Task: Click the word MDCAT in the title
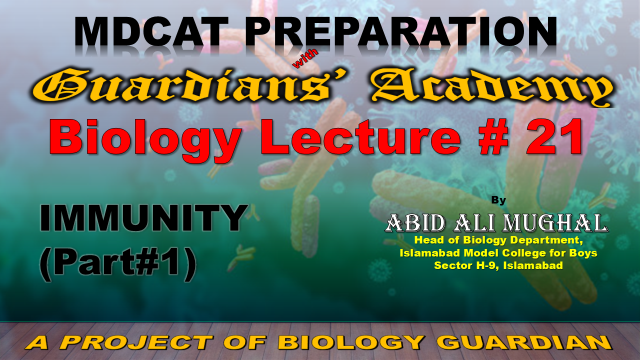(x=152, y=32)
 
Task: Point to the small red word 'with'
(x=305, y=59)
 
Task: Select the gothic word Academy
(x=492, y=87)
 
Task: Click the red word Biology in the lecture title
(x=145, y=138)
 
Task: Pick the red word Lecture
(x=365, y=136)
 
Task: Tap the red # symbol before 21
(x=494, y=137)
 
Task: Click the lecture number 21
(x=555, y=137)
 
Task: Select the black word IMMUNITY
(x=144, y=218)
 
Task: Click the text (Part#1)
(x=118, y=264)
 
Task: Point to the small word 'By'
(x=498, y=200)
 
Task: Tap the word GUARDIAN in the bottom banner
(x=526, y=342)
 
